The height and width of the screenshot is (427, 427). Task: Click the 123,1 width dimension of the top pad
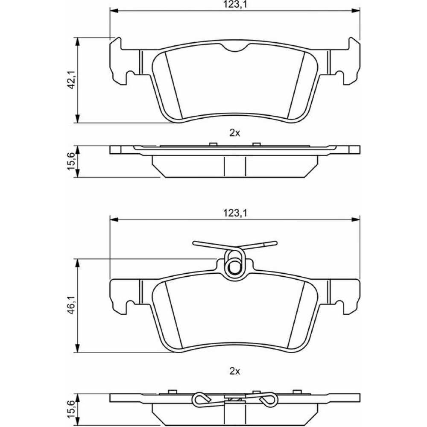pos(235,5)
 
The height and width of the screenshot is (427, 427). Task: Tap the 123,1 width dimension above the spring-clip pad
pos(235,213)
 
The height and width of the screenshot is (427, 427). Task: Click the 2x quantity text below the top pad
pos(235,133)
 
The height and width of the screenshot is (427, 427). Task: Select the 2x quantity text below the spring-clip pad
pos(235,371)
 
